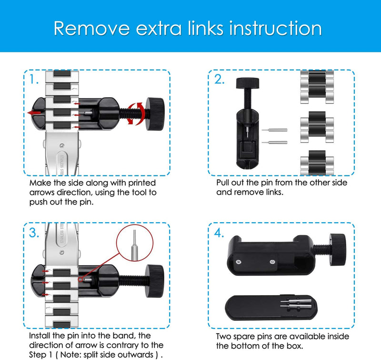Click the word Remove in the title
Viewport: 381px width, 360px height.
[x=91, y=29]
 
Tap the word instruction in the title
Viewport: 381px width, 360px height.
[x=276, y=28]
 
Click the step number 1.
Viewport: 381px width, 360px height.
[x=34, y=79]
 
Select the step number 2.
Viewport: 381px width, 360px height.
[x=219, y=79]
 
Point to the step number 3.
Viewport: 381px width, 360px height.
[x=34, y=233]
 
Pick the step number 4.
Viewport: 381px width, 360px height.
[x=219, y=233]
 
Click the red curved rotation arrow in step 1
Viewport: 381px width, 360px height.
[x=136, y=113]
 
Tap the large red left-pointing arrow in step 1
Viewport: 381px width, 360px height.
[x=34, y=113]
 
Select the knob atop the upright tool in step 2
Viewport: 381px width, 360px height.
[x=247, y=83]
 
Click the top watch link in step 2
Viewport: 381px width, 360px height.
[x=317, y=87]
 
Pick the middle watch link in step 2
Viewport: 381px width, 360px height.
[x=317, y=127]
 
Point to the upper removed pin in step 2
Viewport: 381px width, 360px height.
[x=275, y=130]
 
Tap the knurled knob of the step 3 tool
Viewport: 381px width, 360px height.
[x=154, y=281]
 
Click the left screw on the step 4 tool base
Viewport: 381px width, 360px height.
[x=239, y=262]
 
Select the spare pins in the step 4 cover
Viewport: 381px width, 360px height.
[x=296, y=304]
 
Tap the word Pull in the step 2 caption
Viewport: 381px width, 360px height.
[x=223, y=183]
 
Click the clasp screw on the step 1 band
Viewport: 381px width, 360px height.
[x=62, y=146]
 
